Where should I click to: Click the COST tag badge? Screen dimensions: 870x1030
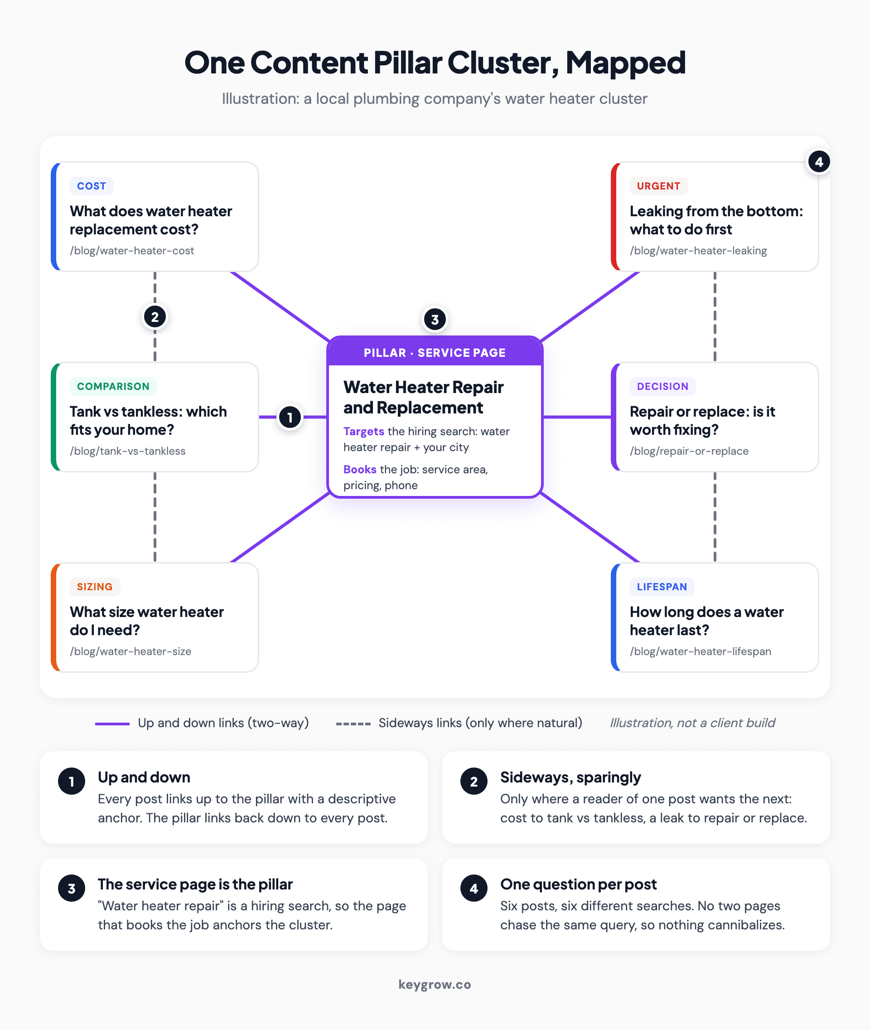[92, 186]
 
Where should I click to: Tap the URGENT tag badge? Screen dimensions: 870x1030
[658, 186]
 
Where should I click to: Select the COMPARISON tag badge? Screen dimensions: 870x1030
[113, 386]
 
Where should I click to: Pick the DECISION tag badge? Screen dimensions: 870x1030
[662, 386]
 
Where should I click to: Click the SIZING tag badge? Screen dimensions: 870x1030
[95, 587]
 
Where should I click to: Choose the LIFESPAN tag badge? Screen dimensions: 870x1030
[662, 587]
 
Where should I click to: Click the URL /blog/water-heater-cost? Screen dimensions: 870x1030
[132, 251]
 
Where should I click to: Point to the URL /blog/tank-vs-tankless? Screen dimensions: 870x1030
[128, 451]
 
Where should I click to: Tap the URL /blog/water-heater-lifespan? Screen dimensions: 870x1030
[701, 651]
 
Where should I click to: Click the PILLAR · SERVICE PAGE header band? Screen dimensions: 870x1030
[435, 352]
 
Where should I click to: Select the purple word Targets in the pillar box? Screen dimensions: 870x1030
[363, 431]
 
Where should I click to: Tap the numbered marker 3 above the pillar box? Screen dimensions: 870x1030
[435, 320]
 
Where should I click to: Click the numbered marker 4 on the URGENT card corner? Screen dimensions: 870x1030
[819, 162]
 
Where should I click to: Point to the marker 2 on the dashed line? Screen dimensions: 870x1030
[155, 317]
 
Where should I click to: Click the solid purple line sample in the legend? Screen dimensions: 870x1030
[112, 724]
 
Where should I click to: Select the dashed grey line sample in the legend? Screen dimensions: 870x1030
[353, 724]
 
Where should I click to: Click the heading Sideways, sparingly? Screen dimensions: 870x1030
[570, 777]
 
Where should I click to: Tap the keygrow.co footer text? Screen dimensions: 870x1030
[435, 985]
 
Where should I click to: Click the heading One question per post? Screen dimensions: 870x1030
[578, 884]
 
